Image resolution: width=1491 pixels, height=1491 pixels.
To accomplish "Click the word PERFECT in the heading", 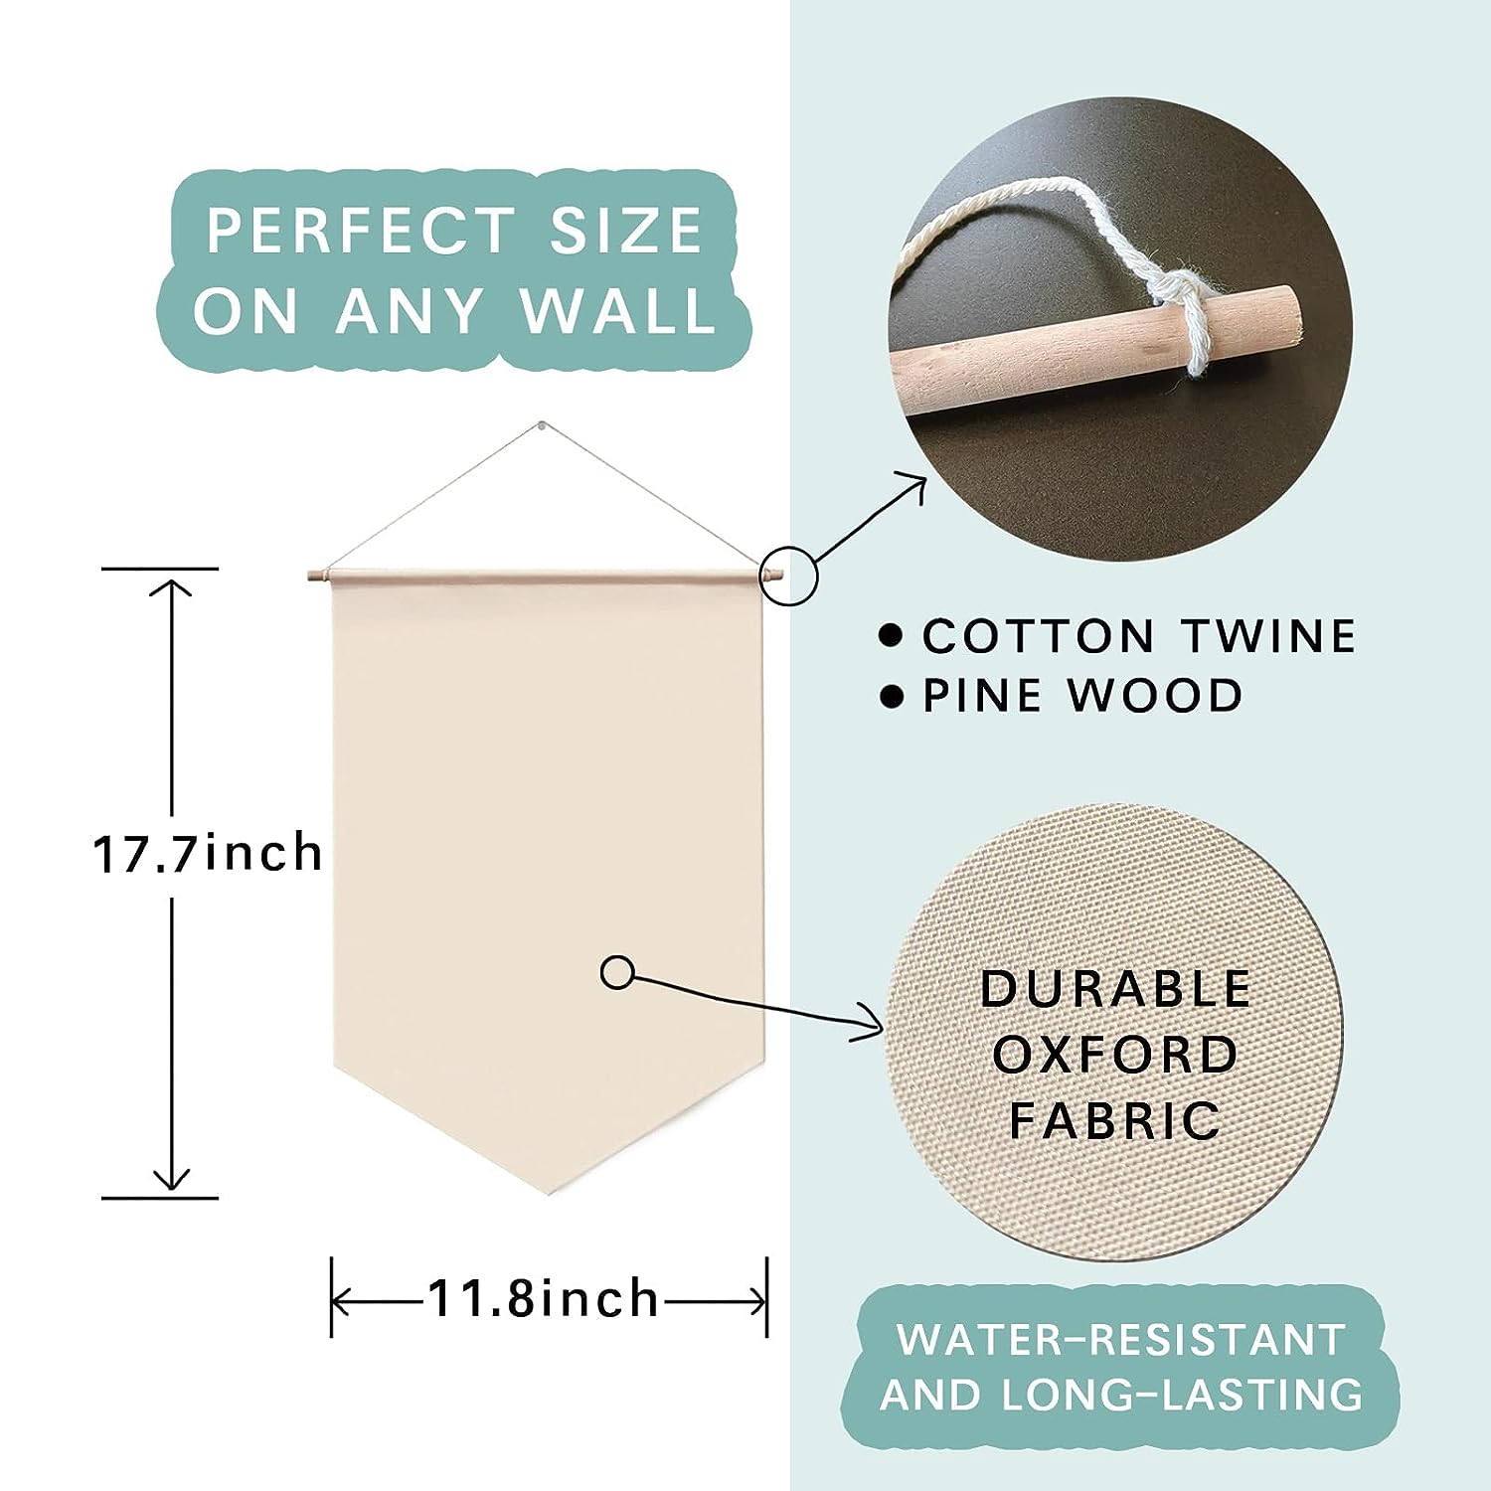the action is click(360, 232).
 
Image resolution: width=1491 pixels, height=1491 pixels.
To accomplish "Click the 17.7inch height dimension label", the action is click(208, 853).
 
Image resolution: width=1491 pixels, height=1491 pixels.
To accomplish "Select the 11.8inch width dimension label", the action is click(544, 1299).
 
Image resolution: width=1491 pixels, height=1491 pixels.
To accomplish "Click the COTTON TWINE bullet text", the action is click(1139, 636).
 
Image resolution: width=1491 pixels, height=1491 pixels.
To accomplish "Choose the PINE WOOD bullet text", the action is click(1082, 696).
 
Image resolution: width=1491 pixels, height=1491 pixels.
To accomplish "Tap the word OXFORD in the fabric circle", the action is click(1115, 1055).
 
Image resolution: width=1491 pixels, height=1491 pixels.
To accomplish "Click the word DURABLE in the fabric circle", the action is click(1115, 988).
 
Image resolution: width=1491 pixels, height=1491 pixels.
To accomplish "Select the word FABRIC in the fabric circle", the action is click(1115, 1120).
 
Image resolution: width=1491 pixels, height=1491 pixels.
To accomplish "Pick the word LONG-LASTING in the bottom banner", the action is click(1182, 1394).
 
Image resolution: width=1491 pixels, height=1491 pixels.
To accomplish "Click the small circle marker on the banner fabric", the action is click(617, 973).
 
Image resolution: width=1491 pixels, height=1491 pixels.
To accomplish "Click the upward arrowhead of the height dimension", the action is click(173, 586).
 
